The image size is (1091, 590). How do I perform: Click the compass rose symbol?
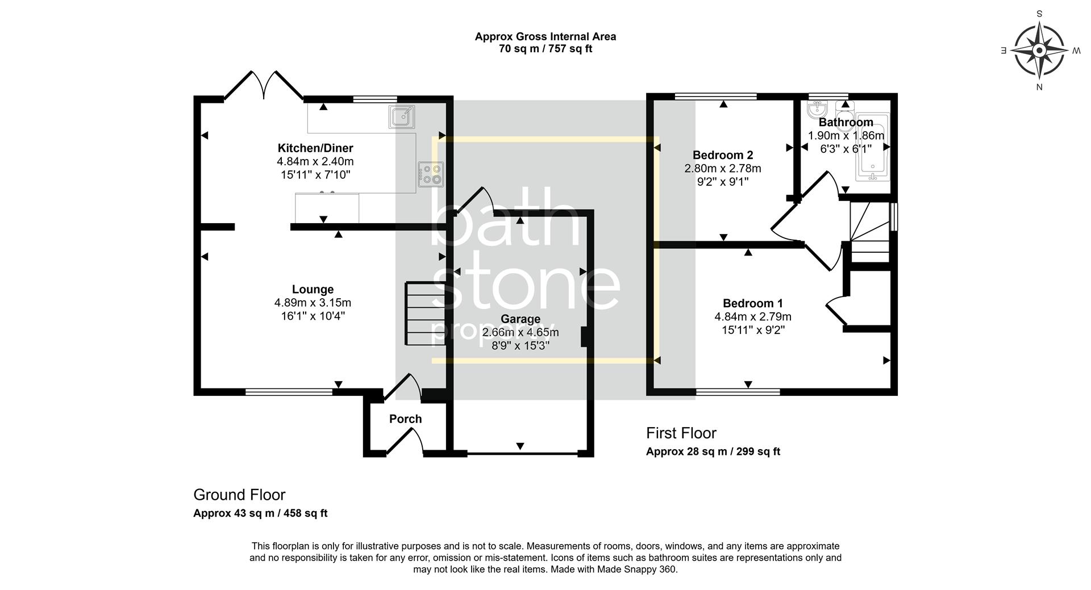click(x=1039, y=51)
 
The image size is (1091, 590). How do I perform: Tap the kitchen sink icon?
click(x=401, y=117)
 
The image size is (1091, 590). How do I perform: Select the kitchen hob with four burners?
click(x=431, y=174)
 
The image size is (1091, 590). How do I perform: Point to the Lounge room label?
click(x=313, y=290)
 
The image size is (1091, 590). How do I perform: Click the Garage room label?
click(x=520, y=319)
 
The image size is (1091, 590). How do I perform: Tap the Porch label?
click(x=405, y=419)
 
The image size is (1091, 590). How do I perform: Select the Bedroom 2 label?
click(x=723, y=155)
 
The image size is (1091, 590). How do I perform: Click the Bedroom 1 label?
click(x=752, y=303)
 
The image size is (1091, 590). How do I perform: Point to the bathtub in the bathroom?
click(x=872, y=148)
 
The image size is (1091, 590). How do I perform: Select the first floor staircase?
click(x=869, y=233)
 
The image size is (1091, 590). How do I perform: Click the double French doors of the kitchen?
click(x=263, y=85)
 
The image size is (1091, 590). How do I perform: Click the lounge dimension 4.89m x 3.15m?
click(x=313, y=303)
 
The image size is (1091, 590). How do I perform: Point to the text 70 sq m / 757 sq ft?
click(x=545, y=49)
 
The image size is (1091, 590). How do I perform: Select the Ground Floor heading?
click(x=239, y=495)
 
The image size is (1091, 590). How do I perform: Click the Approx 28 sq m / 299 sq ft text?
click(x=713, y=452)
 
